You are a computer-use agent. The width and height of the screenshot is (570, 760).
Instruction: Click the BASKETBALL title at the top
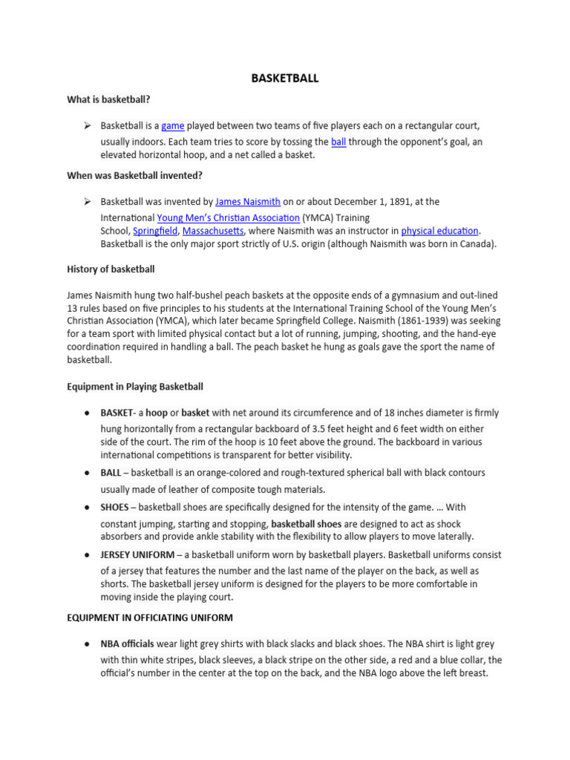285,78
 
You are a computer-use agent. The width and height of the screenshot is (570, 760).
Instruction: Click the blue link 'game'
172,126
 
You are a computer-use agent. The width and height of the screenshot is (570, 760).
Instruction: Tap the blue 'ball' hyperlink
338,141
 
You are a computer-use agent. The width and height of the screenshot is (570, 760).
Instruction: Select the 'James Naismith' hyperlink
248,201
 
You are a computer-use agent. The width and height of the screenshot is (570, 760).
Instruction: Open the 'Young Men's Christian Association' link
229,217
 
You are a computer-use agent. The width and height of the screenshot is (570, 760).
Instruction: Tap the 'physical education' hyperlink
440,231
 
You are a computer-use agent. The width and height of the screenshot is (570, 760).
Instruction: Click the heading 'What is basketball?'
108,99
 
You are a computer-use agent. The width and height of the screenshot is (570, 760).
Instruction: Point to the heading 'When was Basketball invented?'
134,175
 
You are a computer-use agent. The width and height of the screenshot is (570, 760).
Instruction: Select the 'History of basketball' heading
111,269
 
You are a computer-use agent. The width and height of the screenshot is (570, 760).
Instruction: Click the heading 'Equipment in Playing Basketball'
134,387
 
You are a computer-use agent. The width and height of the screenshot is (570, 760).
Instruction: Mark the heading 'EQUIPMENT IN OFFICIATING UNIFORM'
149,617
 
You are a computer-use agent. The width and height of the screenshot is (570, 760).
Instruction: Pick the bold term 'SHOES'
115,507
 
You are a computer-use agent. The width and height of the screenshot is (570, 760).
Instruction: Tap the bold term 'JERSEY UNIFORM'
137,554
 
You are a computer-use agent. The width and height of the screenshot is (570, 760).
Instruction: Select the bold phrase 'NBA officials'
128,643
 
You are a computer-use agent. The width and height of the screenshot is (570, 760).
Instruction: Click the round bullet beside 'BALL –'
87,472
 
